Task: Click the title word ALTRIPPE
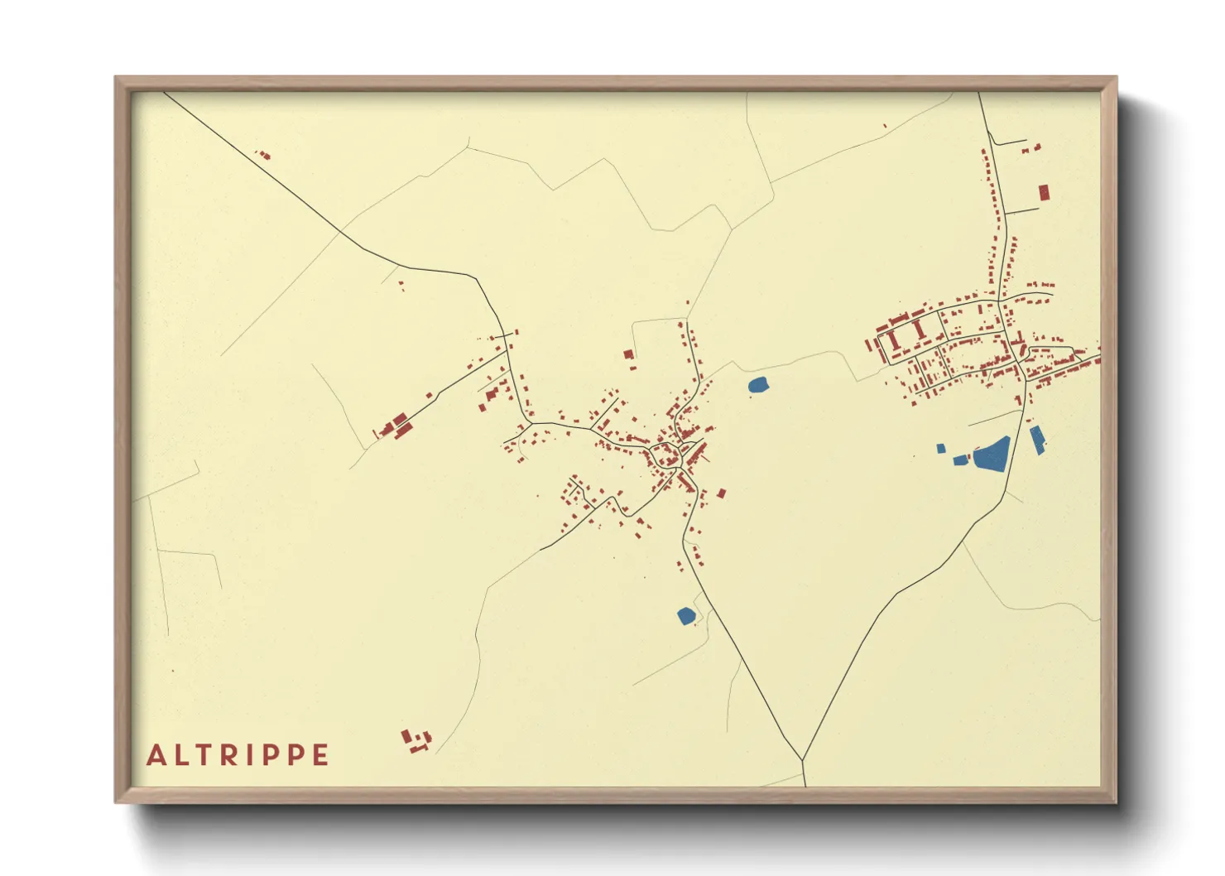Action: [238, 755]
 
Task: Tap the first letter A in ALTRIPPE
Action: [155, 755]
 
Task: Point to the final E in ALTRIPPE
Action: [320, 755]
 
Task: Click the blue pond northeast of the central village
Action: [758, 384]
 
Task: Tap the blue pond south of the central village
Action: [685, 615]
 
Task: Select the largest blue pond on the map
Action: [992, 455]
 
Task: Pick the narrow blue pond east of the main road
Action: [1037, 440]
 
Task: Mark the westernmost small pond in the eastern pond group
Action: [941, 449]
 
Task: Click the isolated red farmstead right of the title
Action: [416, 740]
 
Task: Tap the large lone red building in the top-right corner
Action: [1044, 192]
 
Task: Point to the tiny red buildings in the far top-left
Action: [263, 154]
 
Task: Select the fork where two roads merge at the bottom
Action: [802, 759]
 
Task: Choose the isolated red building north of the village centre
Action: [628, 354]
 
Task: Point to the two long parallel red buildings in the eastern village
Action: [906, 334]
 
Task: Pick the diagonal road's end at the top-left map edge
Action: [166, 93]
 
